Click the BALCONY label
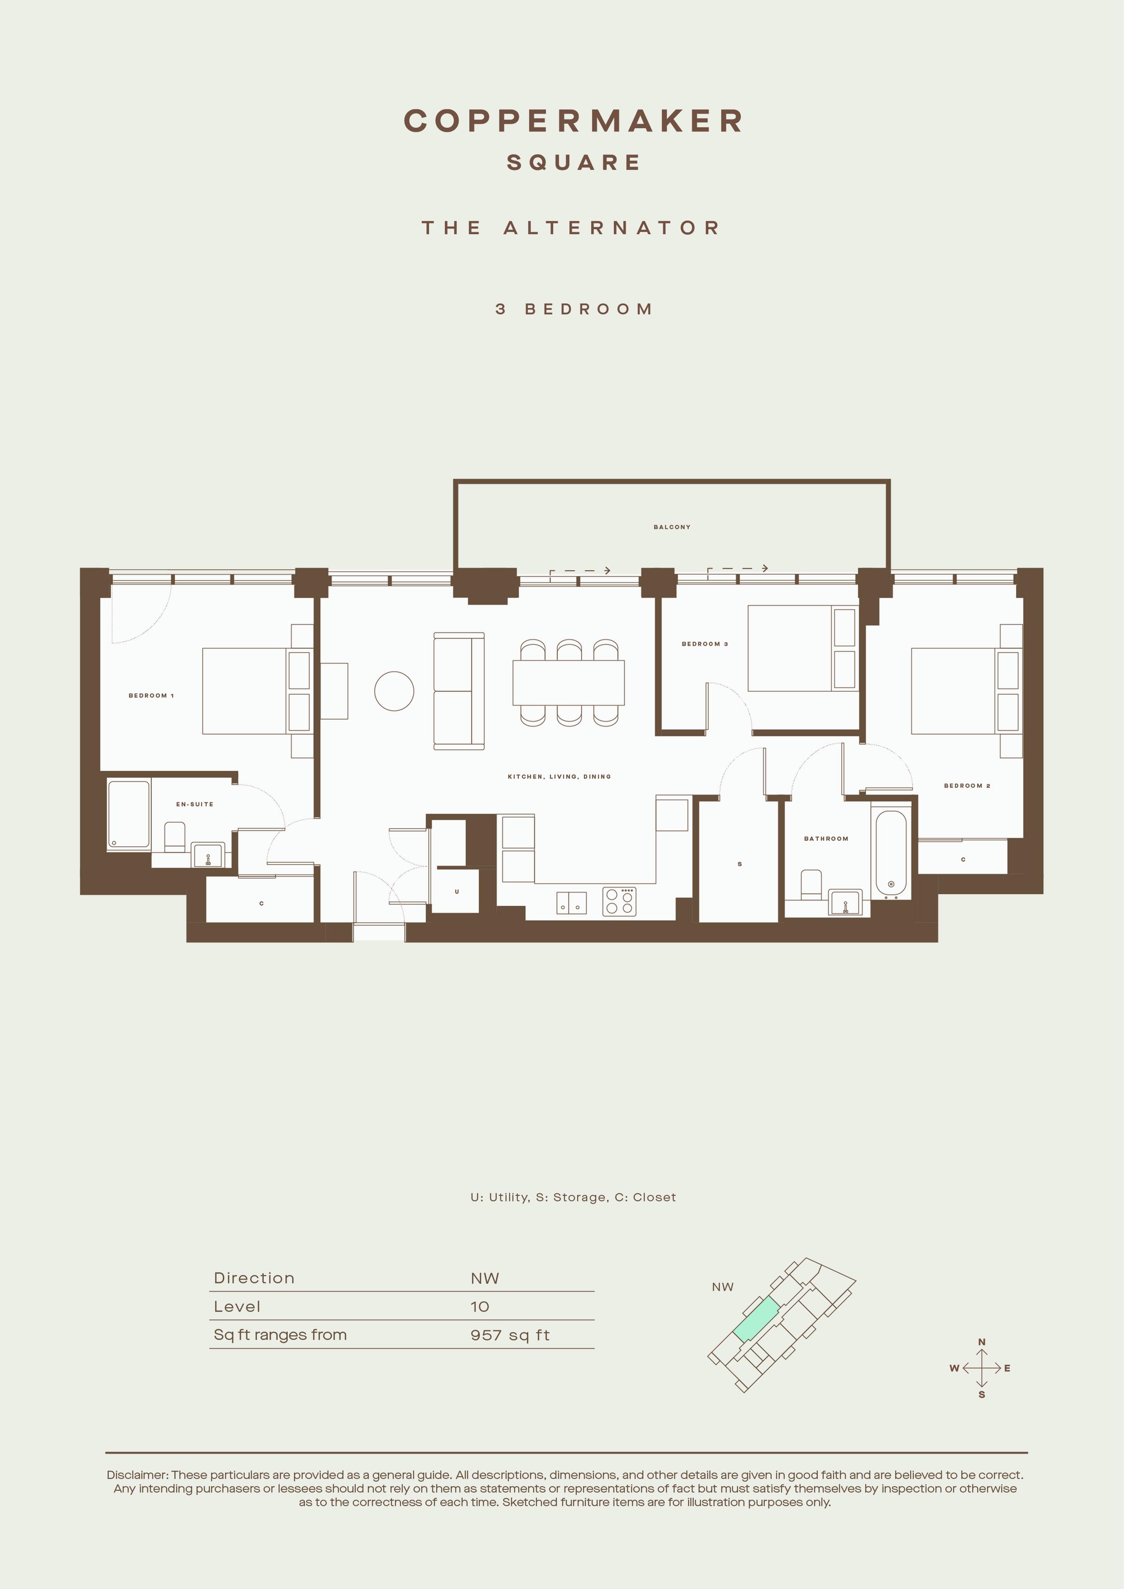click(x=671, y=527)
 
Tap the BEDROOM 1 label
click(x=151, y=696)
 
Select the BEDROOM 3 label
click(x=704, y=644)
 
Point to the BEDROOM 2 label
click(x=967, y=785)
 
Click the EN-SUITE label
click(x=194, y=804)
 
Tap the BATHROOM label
click(x=826, y=839)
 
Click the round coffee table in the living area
click(x=394, y=691)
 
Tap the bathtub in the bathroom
click(x=891, y=853)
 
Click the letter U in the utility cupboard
click(x=457, y=891)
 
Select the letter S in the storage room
click(x=740, y=864)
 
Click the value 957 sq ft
click(x=510, y=1335)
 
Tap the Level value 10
click(x=480, y=1307)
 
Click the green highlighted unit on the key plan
click(x=757, y=1320)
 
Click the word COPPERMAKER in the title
click(x=573, y=120)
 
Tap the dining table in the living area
click(x=568, y=682)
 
